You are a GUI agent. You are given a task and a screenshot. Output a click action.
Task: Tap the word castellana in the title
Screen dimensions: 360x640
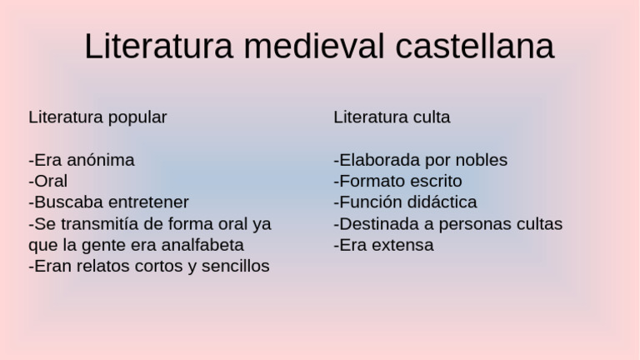pos(475,47)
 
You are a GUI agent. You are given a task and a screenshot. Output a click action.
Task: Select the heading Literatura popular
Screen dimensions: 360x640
pos(97,117)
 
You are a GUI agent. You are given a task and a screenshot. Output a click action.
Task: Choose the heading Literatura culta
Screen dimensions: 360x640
pos(392,117)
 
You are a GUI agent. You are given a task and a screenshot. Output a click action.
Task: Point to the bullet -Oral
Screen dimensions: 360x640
pos(48,182)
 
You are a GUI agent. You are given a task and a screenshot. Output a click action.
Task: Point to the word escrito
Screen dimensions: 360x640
pos(432,182)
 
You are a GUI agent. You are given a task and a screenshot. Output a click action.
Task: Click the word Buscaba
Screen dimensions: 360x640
pos(67,202)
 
